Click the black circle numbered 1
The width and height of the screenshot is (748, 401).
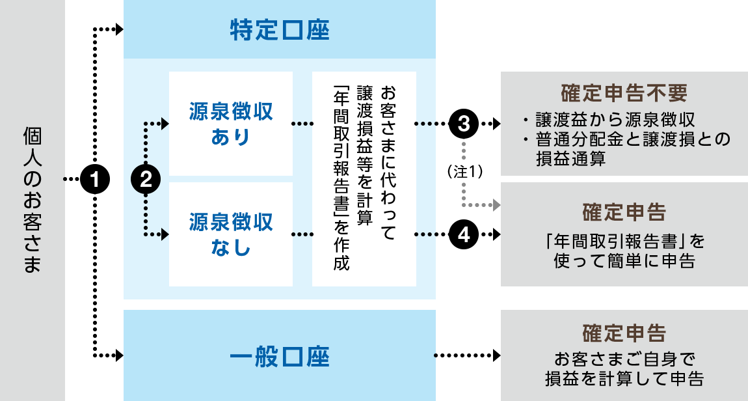95,178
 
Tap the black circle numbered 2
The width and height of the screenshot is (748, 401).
146,178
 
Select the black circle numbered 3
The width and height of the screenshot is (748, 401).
464,122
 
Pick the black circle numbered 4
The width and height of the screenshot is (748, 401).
464,234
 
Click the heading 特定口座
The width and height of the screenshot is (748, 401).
280,31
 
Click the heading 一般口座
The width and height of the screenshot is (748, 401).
280,357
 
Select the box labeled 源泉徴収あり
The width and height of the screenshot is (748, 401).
231,124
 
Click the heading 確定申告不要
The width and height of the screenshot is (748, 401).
623,93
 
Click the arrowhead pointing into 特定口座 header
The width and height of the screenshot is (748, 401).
118,29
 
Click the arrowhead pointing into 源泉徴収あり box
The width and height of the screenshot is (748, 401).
164,122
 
